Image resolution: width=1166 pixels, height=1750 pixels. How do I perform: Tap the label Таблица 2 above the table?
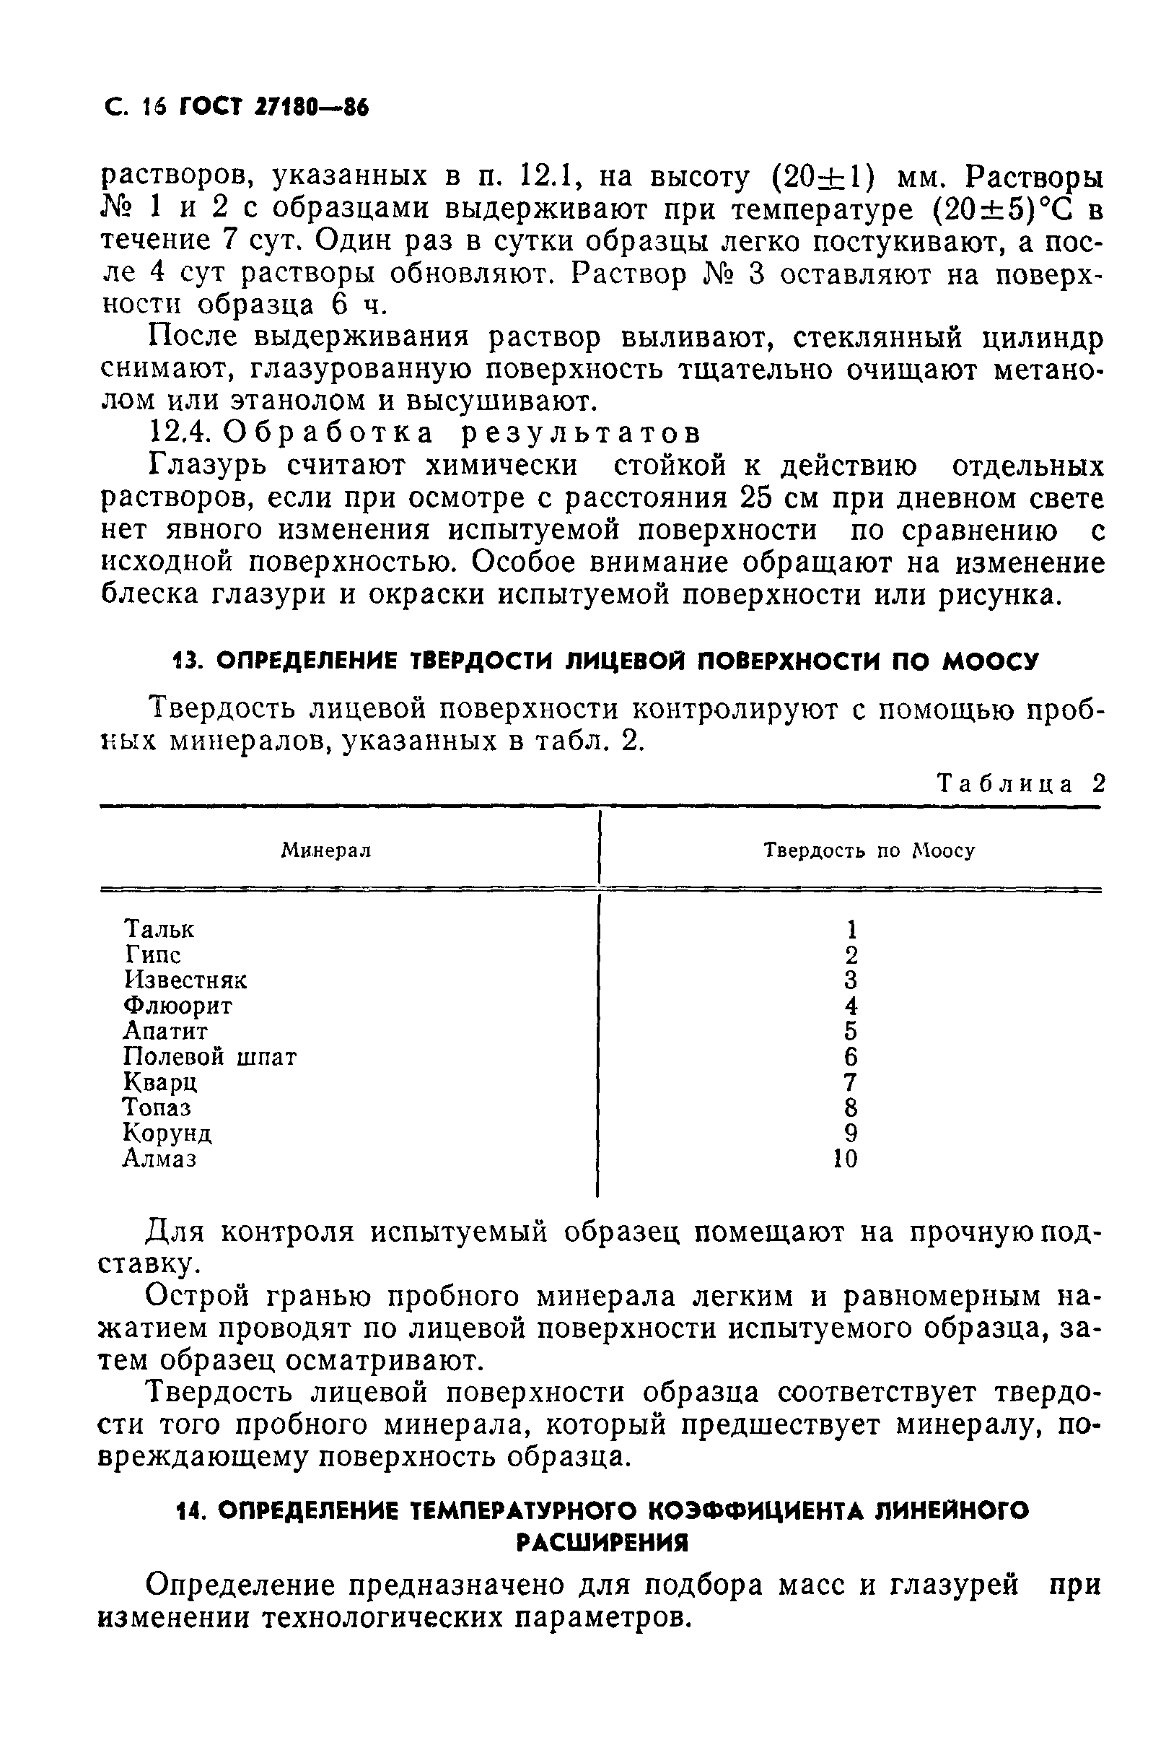point(1021,783)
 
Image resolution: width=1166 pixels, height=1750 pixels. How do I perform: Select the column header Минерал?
point(325,850)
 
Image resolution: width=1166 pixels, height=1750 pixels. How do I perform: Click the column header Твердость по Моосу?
point(869,850)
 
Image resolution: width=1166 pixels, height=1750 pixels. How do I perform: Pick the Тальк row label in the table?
point(159,929)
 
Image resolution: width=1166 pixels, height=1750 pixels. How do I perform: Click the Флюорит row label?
point(177,1006)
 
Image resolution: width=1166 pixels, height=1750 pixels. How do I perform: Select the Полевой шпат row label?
point(210,1056)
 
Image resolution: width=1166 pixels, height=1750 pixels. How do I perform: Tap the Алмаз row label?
point(159,1159)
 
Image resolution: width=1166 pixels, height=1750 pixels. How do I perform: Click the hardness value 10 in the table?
point(845,1159)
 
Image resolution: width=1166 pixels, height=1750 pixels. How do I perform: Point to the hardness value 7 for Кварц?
point(851,1082)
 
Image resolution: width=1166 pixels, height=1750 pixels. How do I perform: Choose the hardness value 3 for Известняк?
point(851,979)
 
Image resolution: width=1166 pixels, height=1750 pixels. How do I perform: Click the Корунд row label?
point(167,1133)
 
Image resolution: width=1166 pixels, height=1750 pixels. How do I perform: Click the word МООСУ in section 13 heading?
point(989,661)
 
